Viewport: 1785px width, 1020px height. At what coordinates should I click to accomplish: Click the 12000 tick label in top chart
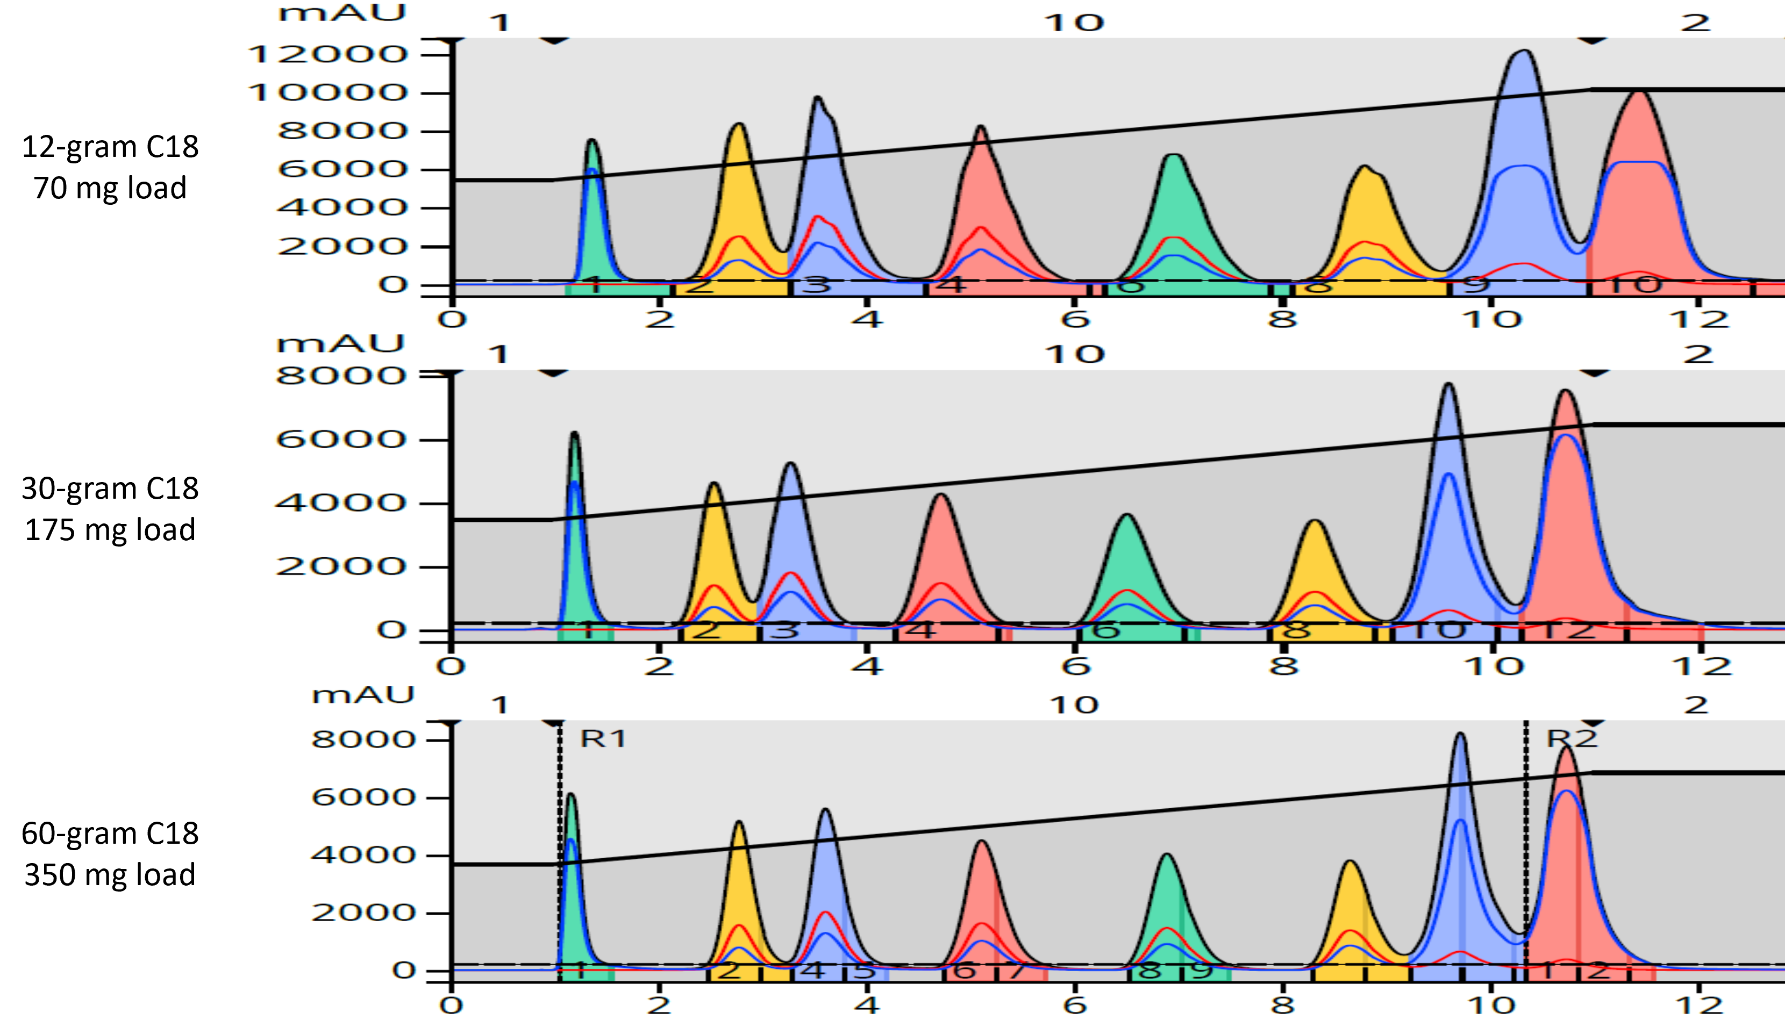click(x=327, y=54)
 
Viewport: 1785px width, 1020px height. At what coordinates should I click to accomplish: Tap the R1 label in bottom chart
click(x=603, y=738)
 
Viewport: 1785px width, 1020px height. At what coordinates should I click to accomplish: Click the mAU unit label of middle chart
click(x=340, y=344)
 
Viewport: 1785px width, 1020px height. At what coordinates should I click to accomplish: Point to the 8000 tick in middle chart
click(x=340, y=376)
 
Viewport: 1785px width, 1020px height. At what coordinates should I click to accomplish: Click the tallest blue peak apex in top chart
click(x=1524, y=51)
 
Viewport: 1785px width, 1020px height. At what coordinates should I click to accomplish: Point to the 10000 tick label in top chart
click(x=327, y=92)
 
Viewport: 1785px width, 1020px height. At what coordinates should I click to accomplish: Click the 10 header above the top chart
click(x=1074, y=23)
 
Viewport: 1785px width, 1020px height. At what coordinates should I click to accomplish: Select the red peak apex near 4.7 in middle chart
click(x=940, y=494)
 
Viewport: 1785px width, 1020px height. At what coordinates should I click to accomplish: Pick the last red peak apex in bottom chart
click(x=1567, y=748)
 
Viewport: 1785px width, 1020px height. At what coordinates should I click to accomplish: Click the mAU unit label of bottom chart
click(x=363, y=695)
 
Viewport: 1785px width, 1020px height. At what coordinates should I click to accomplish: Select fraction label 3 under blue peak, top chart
click(x=815, y=285)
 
